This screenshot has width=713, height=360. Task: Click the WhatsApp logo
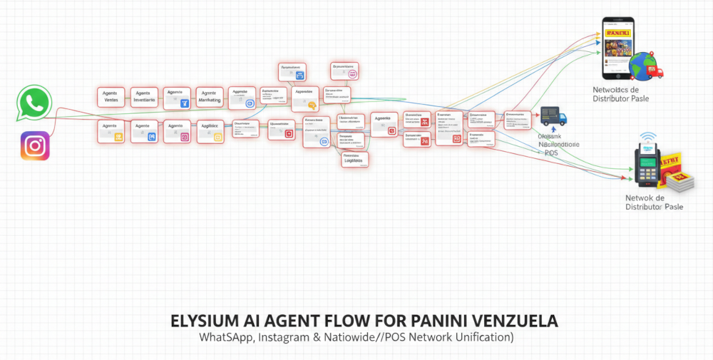tap(34, 103)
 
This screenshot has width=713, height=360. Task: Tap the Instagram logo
tap(35, 146)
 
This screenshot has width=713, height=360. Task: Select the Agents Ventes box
tap(111, 97)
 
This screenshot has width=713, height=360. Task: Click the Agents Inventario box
tap(143, 97)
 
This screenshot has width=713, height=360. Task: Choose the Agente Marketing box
tap(209, 97)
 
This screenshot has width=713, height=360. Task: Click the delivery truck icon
tap(553, 116)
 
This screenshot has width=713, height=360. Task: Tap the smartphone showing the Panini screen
tap(618, 48)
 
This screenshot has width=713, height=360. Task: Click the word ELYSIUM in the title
tap(206, 321)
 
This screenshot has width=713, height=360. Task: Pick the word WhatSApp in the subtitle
tap(222, 336)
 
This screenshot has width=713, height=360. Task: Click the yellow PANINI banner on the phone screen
tap(618, 33)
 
